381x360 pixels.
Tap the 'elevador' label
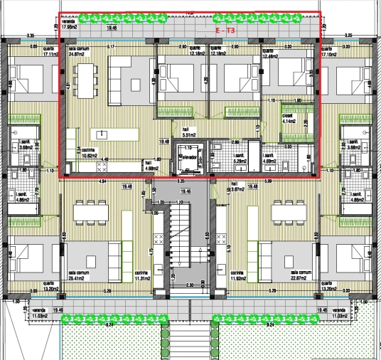tap(188, 154)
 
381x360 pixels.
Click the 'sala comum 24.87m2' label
tap(77, 51)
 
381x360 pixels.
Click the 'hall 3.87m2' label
tap(237, 189)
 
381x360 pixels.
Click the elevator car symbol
tap(188, 164)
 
